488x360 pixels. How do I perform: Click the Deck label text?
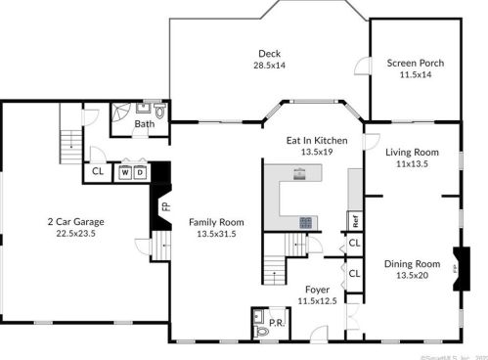point(270,53)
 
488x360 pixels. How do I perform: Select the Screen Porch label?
point(415,63)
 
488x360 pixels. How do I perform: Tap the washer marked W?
point(125,172)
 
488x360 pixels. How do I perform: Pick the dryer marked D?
point(140,172)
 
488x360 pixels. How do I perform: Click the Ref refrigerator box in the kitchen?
point(354,220)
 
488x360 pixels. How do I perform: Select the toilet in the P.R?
point(260,332)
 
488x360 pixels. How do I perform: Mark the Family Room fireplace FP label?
point(165,206)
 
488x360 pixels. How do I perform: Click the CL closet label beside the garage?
point(98,172)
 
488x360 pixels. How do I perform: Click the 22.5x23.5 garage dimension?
point(76,233)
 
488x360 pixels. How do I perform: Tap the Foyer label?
point(317,289)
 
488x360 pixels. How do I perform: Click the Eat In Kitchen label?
point(318,141)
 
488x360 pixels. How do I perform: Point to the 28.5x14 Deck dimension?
point(270,65)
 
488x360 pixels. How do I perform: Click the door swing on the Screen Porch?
point(363,66)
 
